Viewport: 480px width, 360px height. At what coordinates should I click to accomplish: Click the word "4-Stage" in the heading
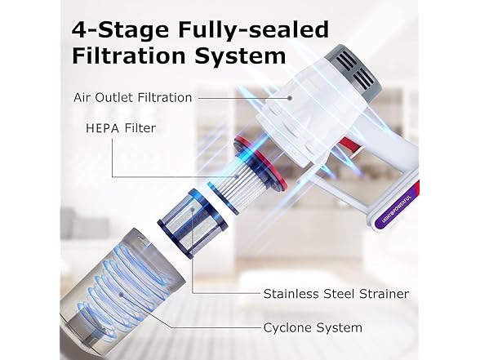click(120, 29)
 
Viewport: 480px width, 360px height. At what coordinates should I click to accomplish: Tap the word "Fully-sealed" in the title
click(253, 31)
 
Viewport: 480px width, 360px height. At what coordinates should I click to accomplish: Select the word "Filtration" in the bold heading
click(129, 56)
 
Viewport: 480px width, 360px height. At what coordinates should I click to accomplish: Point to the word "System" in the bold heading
click(241, 57)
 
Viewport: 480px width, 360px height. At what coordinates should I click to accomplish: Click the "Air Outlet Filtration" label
click(132, 98)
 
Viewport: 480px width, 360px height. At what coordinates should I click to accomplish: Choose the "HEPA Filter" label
click(121, 128)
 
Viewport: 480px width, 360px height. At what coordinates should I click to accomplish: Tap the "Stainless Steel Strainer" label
click(336, 294)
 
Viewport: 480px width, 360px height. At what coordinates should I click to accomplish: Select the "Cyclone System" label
click(313, 327)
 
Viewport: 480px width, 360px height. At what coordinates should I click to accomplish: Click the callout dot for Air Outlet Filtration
click(289, 98)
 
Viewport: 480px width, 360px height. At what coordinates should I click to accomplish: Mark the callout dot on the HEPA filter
click(237, 176)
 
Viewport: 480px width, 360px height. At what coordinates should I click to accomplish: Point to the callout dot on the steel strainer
click(193, 210)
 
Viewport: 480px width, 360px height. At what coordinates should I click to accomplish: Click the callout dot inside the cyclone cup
click(122, 295)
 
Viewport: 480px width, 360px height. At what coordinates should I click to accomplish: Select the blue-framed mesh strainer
click(193, 223)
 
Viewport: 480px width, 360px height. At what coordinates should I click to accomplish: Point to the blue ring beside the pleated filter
click(223, 198)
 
